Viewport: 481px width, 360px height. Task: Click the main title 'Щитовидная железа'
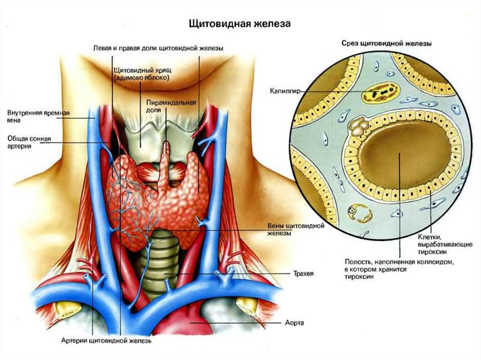click(239, 24)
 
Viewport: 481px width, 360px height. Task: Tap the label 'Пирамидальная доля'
click(171, 106)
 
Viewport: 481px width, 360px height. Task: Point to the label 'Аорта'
click(295, 322)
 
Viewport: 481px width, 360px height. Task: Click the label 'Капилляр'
click(285, 91)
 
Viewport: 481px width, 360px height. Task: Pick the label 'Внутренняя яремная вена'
click(39, 116)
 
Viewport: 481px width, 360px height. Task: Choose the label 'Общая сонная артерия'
click(29, 143)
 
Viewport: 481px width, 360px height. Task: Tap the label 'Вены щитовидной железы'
click(296, 230)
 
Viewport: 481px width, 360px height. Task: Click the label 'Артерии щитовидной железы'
click(106, 341)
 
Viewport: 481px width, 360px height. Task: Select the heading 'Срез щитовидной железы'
click(387, 44)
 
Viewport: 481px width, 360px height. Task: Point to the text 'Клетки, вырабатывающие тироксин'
click(445, 245)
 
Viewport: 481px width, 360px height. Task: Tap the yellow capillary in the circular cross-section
click(380, 92)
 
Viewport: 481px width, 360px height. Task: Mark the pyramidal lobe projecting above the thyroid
click(165, 166)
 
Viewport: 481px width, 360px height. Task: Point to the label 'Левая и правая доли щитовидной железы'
click(158, 48)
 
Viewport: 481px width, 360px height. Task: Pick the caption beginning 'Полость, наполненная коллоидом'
click(399, 269)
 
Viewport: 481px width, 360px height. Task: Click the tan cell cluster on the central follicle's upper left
click(357, 127)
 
